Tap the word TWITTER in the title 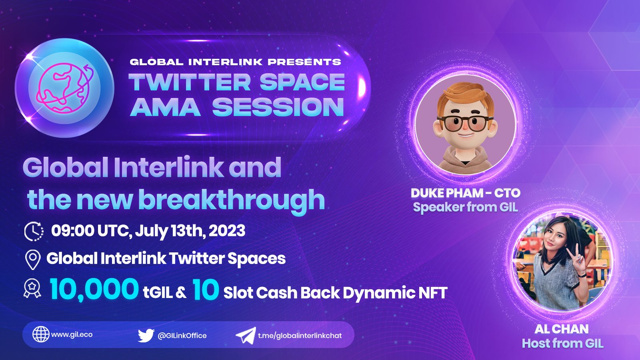pos(190,82)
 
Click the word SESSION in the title pos(278,108)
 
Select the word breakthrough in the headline pos(232,200)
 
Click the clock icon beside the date pos(34,231)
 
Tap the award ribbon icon pos(32,288)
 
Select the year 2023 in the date pos(227,231)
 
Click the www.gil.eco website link pos(72,334)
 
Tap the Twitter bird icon pos(146,335)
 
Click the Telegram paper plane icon pos(246,336)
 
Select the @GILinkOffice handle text pos(182,336)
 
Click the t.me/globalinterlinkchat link pos(300,336)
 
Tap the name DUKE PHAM pos(447,193)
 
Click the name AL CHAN pos(562,329)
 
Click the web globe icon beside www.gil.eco pos(41,334)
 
